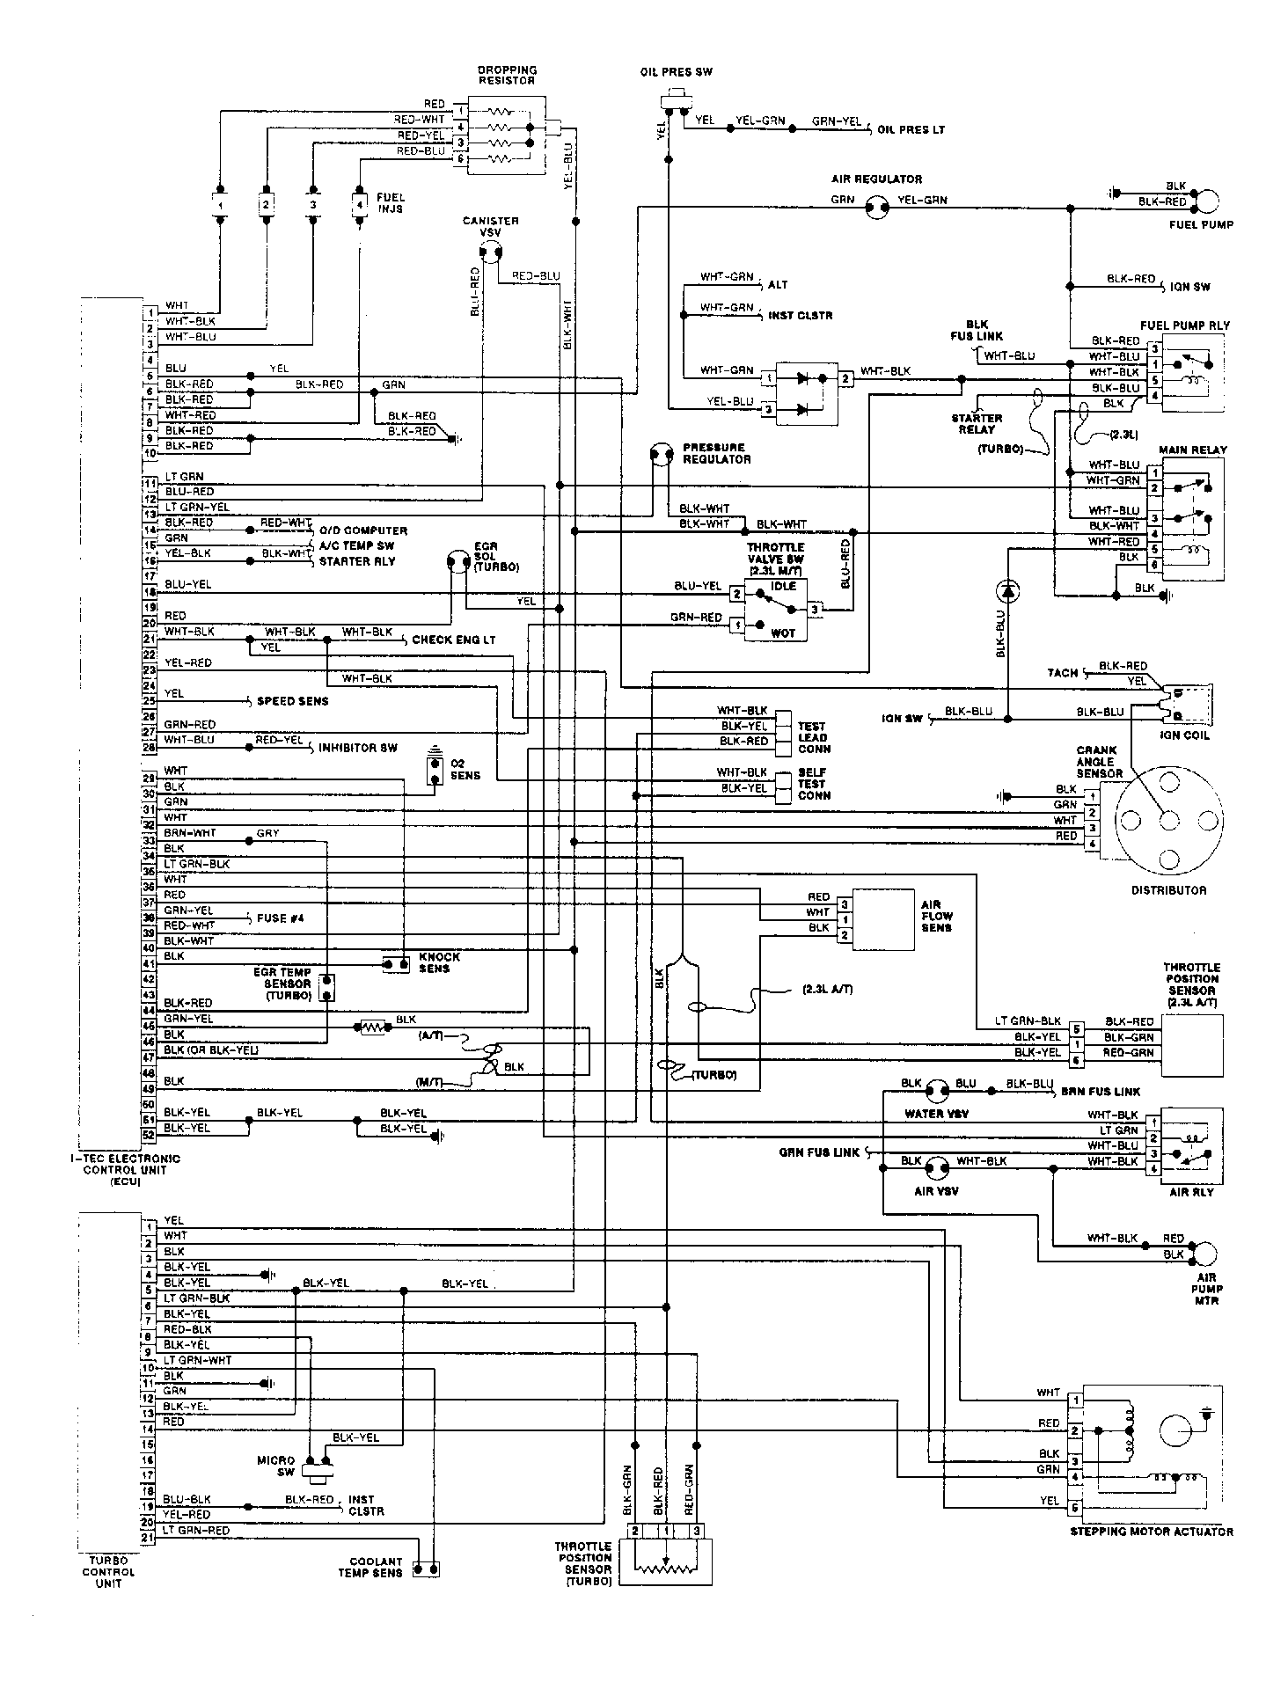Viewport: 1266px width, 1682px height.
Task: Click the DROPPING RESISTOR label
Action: coord(507,75)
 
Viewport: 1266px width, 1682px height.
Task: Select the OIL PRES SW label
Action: coord(676,72)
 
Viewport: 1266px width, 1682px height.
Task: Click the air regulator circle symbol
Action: coord(875,208)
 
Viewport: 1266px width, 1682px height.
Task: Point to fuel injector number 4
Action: coord(359,203)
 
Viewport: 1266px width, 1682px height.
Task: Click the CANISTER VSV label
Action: coord(490,226)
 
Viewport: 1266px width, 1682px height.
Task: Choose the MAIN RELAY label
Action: coord(1192,450)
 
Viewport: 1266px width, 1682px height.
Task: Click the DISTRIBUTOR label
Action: coord(1168,890)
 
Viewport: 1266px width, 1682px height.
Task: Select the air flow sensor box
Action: coord(882,919)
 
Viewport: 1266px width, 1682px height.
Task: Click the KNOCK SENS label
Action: coord(439,962)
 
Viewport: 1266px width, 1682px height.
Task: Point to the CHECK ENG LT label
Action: coord(453,640)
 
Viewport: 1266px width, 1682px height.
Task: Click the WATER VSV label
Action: coord(936,1114)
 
